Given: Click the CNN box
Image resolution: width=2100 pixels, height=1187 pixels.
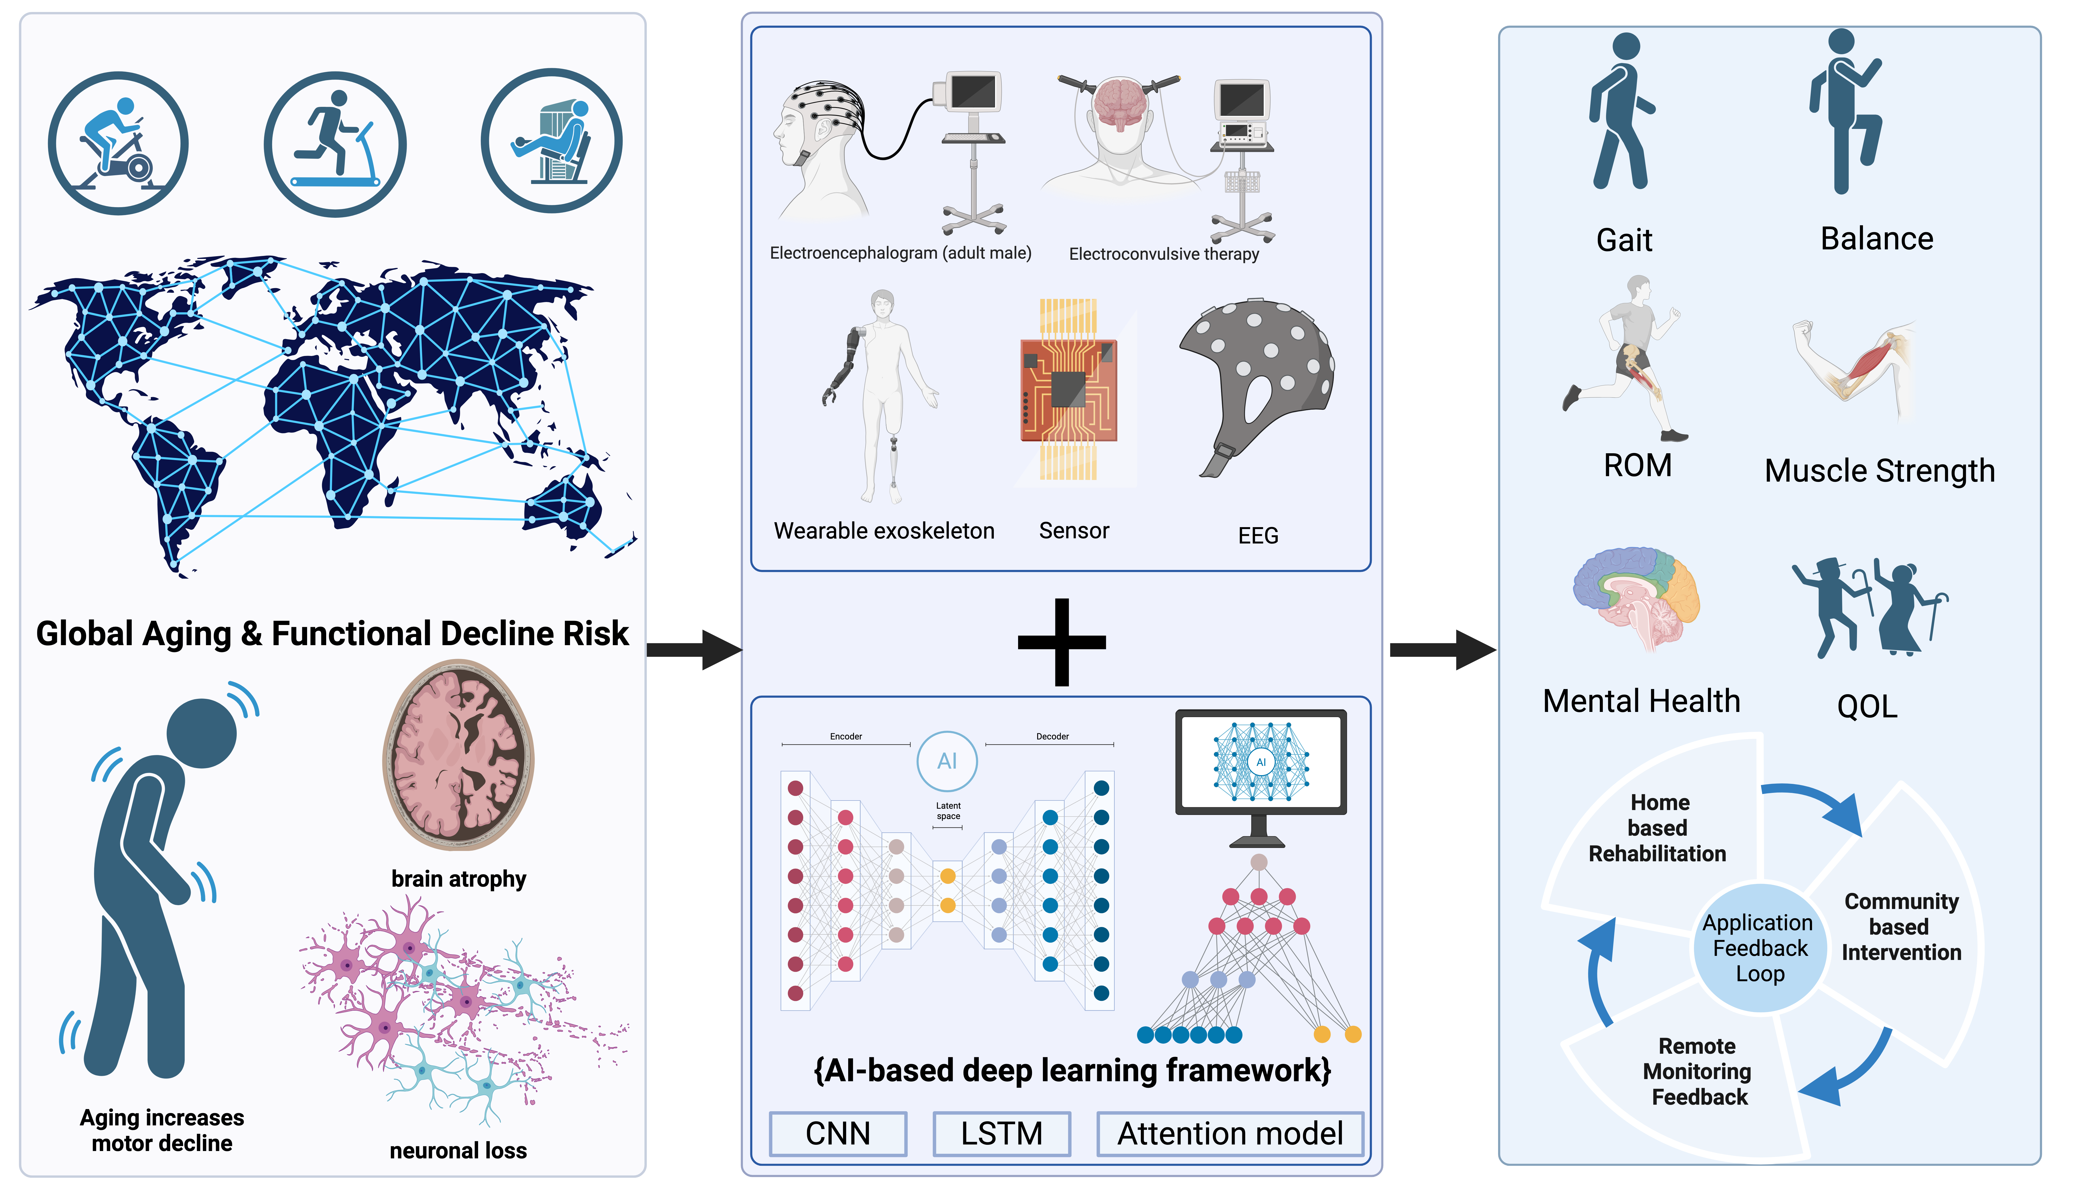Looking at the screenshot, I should click(838, 1133).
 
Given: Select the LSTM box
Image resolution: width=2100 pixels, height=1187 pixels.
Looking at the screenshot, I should click(1001, 1133).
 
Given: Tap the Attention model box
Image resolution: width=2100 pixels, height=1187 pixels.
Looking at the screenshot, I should click(1230, 1133).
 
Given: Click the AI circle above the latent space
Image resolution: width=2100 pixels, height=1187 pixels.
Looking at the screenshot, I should click(947, 761).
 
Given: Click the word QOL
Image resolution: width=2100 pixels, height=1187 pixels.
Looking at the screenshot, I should click(1867, 706).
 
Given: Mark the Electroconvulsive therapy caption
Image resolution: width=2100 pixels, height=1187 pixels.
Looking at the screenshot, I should click(1164, 254).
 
